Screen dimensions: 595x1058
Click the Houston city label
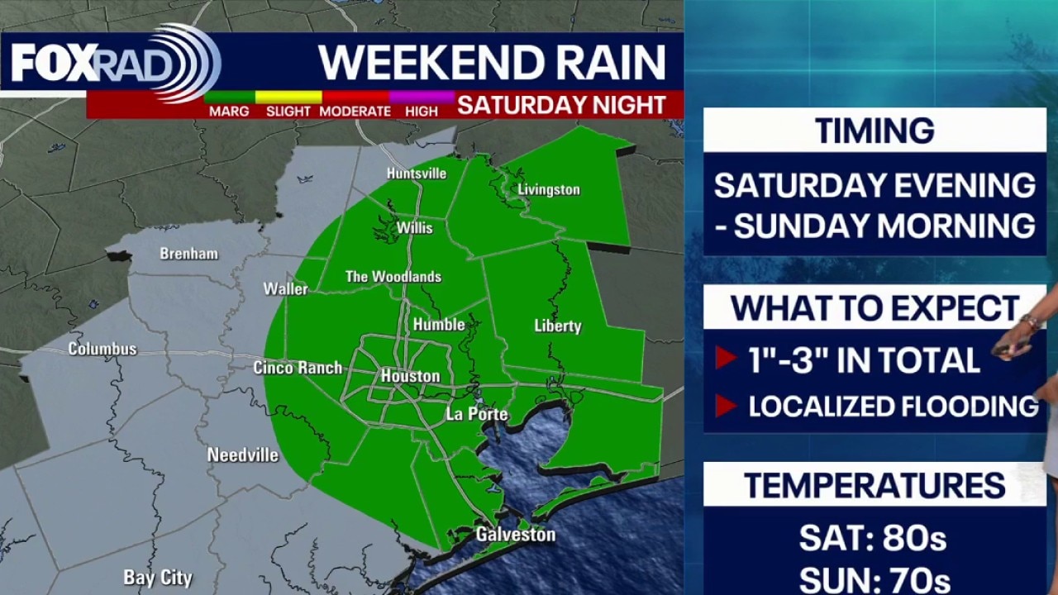click(x=410, y=376)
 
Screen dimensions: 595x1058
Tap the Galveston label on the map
click(x=515, y=535)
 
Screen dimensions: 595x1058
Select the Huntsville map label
click(x=417, y=174)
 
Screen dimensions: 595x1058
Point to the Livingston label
click(x=548, y=190)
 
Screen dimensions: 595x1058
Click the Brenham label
click(x=188, y=254)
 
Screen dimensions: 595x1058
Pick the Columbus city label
click(x=102, y=349)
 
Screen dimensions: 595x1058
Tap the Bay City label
click(x=158, y=578)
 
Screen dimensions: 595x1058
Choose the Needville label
click(x=242, y=455)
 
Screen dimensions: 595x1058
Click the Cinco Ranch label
click(x=298, y=368)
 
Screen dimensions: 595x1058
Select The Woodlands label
click(x=393, y=277)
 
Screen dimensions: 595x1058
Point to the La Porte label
click(x=477, y=414)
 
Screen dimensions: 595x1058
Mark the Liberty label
click(x=558, y=326)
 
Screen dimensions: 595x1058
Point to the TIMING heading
click(x=875, y=131)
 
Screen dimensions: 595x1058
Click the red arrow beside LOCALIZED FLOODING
click(x=726, y=406)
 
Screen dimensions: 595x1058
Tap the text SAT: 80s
click(x=873, y=539)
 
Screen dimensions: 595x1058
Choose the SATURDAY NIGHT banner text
click(x=562, y=105)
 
